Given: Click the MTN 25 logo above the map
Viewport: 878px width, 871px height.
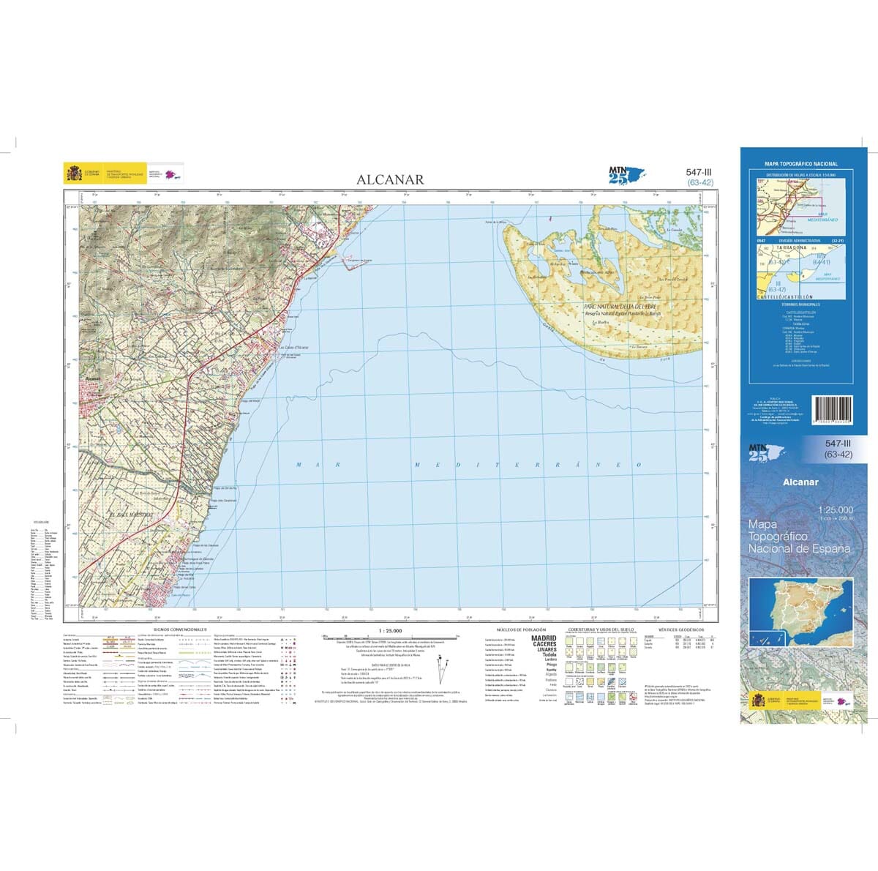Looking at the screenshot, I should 625,176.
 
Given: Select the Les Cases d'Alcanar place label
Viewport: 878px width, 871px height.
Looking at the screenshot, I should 294,347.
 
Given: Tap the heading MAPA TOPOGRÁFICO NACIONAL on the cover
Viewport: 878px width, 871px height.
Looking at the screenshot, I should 800,164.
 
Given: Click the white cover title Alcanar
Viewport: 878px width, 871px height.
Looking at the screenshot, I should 800,482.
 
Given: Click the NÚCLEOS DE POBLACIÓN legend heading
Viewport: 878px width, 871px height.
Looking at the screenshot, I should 522,629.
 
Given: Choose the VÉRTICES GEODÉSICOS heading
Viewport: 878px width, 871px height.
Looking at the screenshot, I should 680,629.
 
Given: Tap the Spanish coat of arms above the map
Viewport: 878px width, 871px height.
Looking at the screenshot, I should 74,173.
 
